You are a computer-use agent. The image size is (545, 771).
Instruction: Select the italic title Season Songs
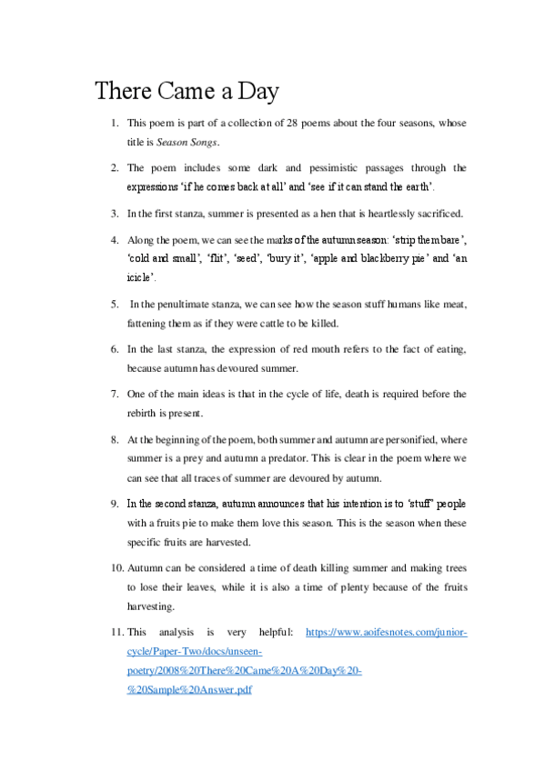pos(188,142)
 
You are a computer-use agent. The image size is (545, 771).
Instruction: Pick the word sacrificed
pos(433,214)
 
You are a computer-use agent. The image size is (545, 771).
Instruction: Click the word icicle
pos(143,277)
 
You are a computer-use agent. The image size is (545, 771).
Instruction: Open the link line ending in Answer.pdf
pos(188,690)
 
